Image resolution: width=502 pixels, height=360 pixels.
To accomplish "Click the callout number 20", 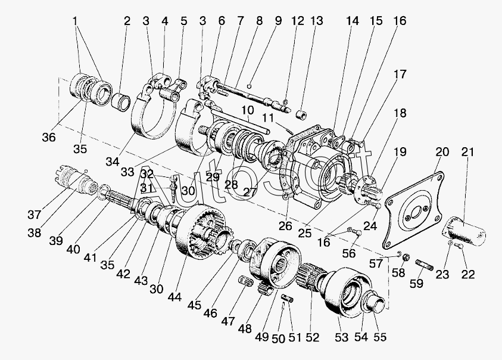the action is pos(442,152).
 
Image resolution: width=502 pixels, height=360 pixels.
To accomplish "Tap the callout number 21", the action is pos(467,152).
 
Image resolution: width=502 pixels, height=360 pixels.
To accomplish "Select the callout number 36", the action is pos(49,137).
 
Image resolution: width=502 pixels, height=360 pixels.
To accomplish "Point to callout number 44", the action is pos(174,297).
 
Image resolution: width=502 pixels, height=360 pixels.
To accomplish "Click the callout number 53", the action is pos(341,337).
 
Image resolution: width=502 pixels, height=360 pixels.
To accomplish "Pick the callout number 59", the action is pos(416,283).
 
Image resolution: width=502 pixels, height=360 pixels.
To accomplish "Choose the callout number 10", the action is pos(248,110).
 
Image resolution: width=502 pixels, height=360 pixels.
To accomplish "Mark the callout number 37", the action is pos(35,214).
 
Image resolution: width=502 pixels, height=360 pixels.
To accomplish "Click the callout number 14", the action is pos(352,21).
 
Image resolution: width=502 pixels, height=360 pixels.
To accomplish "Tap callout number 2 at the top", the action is pos(127,21).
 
